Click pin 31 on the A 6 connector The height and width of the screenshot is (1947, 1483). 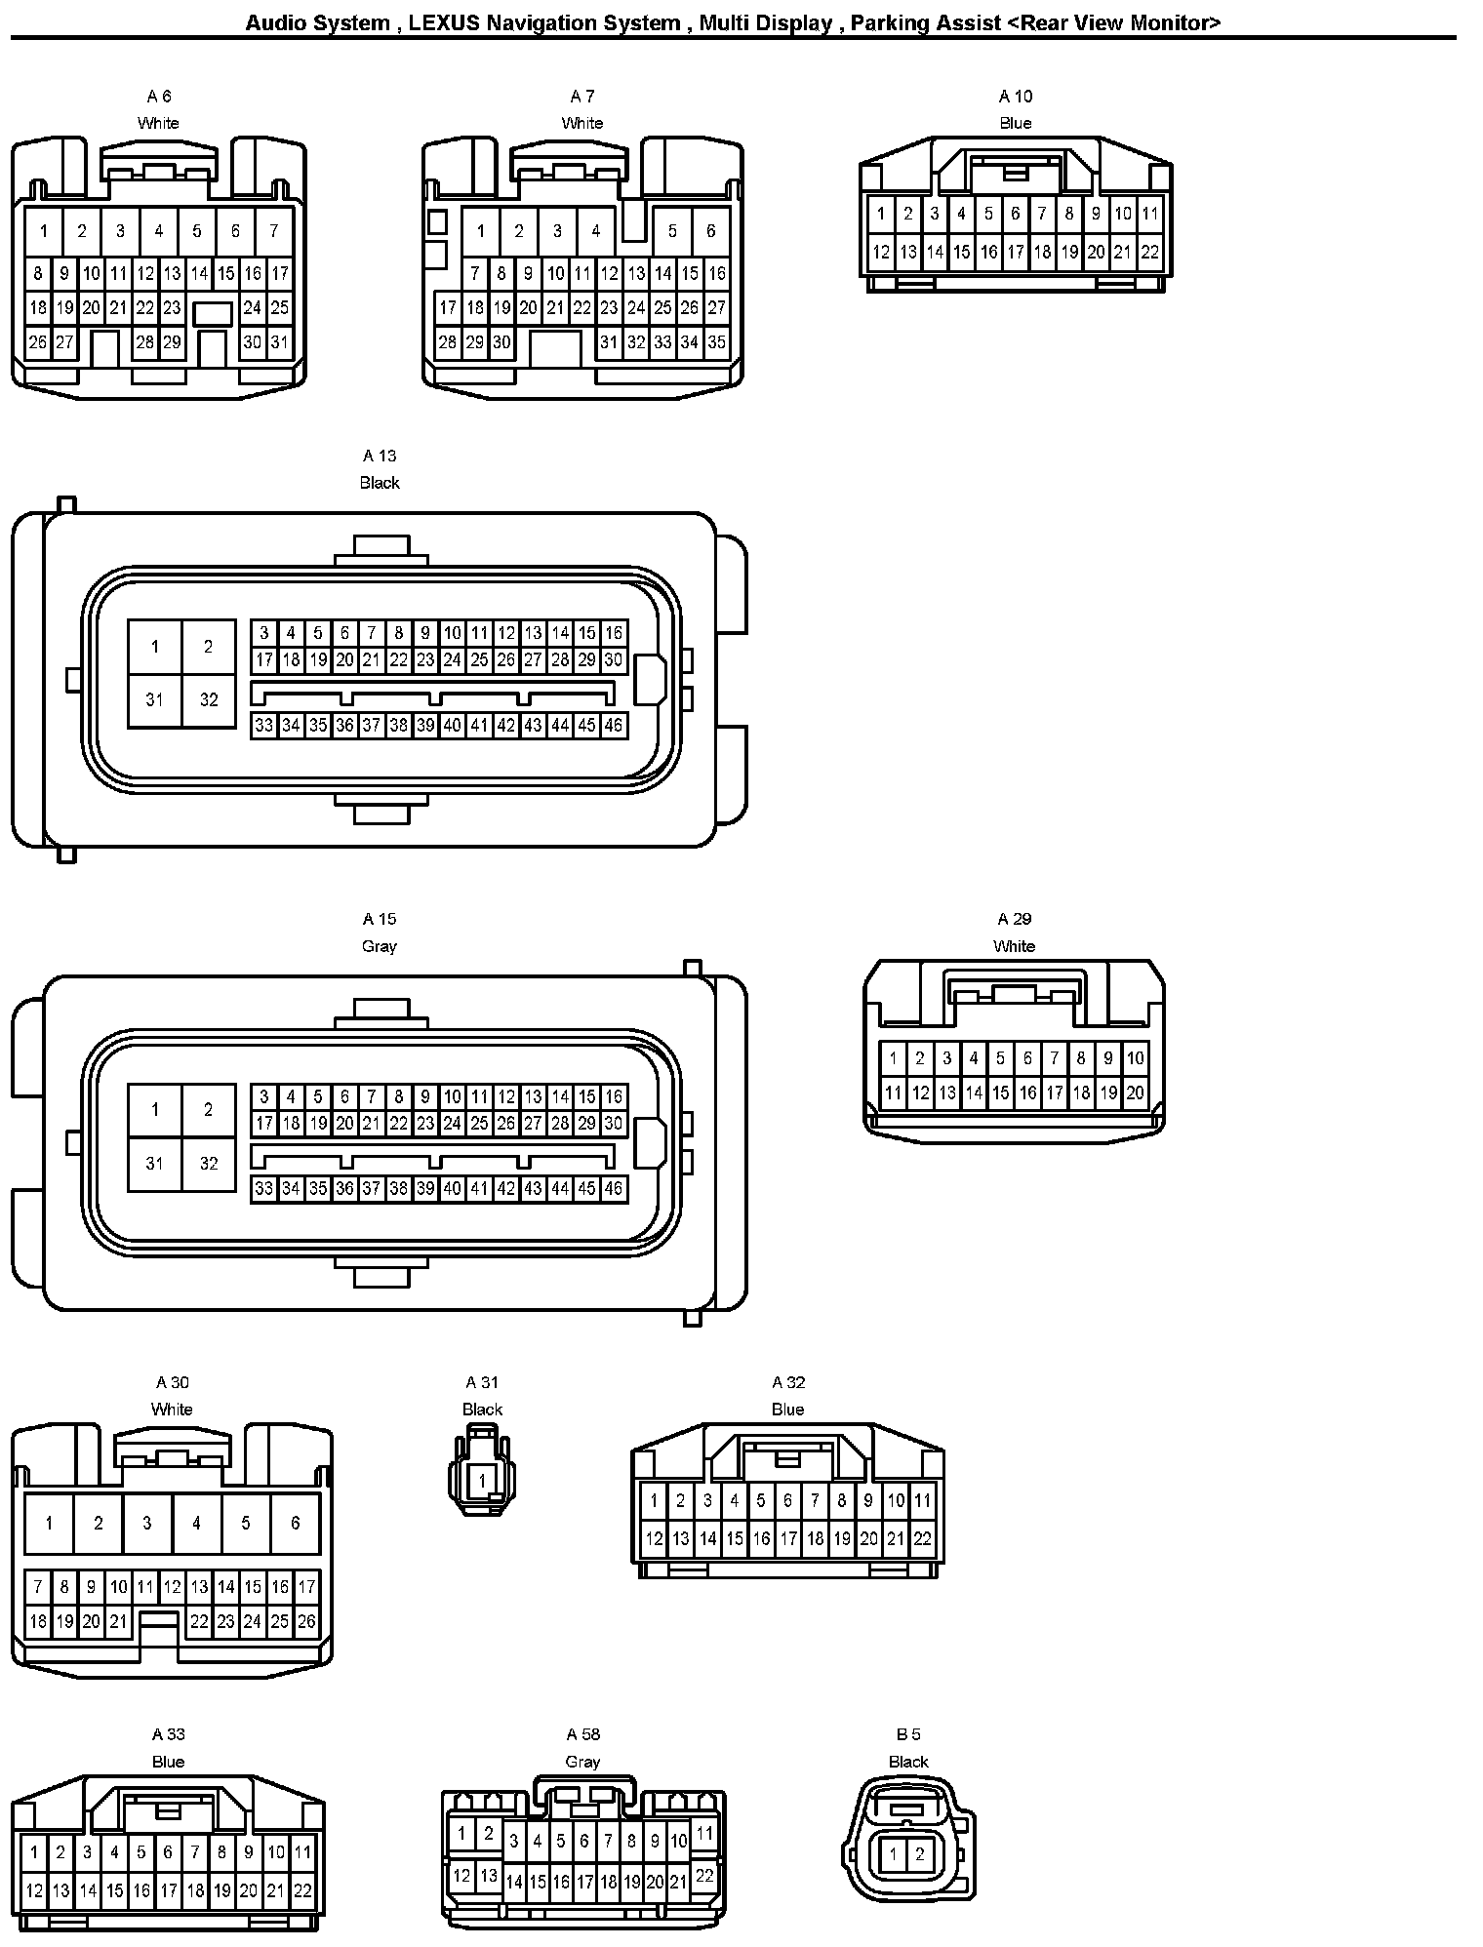(280, 342)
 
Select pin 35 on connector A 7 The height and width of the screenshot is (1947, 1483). (717, 342)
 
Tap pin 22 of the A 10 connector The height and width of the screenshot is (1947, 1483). (1150, 252)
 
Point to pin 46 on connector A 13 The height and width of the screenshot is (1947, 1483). (613, 726)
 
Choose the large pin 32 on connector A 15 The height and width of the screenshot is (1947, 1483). (209, 1164)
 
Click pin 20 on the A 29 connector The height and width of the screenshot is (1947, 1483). (1135, 1093)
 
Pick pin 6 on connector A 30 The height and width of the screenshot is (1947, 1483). (295, 1523)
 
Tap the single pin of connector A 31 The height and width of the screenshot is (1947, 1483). (482, 1482)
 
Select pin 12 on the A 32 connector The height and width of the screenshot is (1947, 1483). (654, 1539)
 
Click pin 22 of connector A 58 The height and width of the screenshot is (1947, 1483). (704, 1875)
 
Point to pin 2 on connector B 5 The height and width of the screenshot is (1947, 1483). (920, 1854)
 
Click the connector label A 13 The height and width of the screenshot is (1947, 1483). (380, 456)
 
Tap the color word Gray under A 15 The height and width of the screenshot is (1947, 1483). (380, 946)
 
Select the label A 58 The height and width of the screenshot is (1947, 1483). (583, 1734)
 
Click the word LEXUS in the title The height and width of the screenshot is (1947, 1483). (445, 22)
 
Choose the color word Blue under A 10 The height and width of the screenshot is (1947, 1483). (1016, 123)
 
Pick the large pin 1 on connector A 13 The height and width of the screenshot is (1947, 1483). (155, 647)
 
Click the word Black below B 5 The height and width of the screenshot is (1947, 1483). (908, 1762)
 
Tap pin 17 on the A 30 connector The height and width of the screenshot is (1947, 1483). (306, 1587)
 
